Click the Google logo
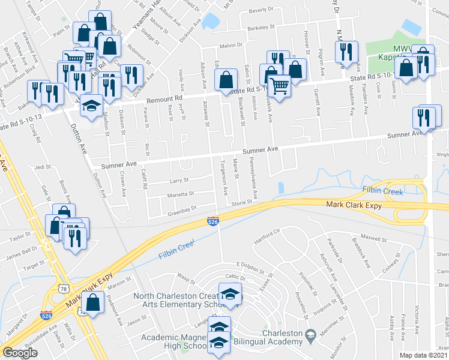pos(20,353)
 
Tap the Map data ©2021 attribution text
pos(424,355)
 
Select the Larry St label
pos(178,179)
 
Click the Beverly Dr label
pos(261,10)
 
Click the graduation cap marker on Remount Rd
pos(91,106)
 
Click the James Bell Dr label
pos(21,252)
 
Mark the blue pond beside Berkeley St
pos(209,22)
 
